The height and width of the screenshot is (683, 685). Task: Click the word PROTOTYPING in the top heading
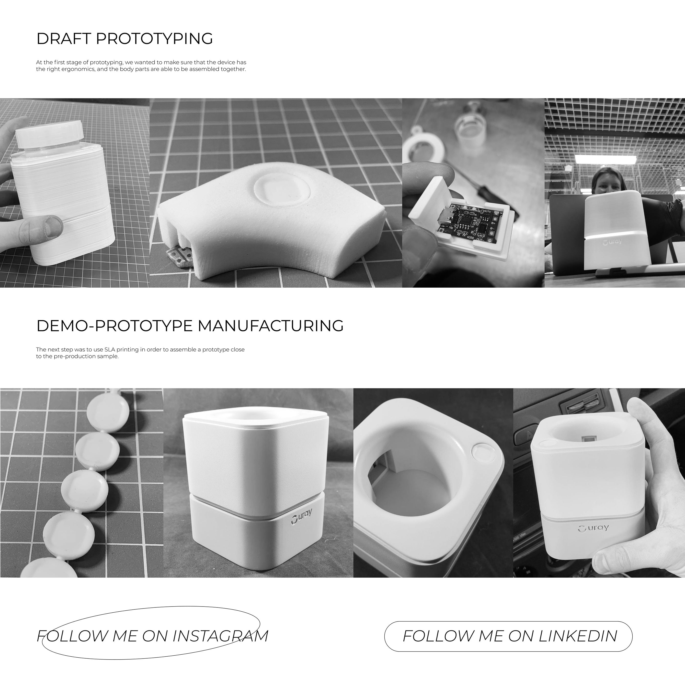154,39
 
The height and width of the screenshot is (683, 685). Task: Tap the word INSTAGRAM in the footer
220,636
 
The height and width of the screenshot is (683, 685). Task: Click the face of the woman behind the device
607,182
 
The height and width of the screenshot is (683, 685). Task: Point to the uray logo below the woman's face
612,243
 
